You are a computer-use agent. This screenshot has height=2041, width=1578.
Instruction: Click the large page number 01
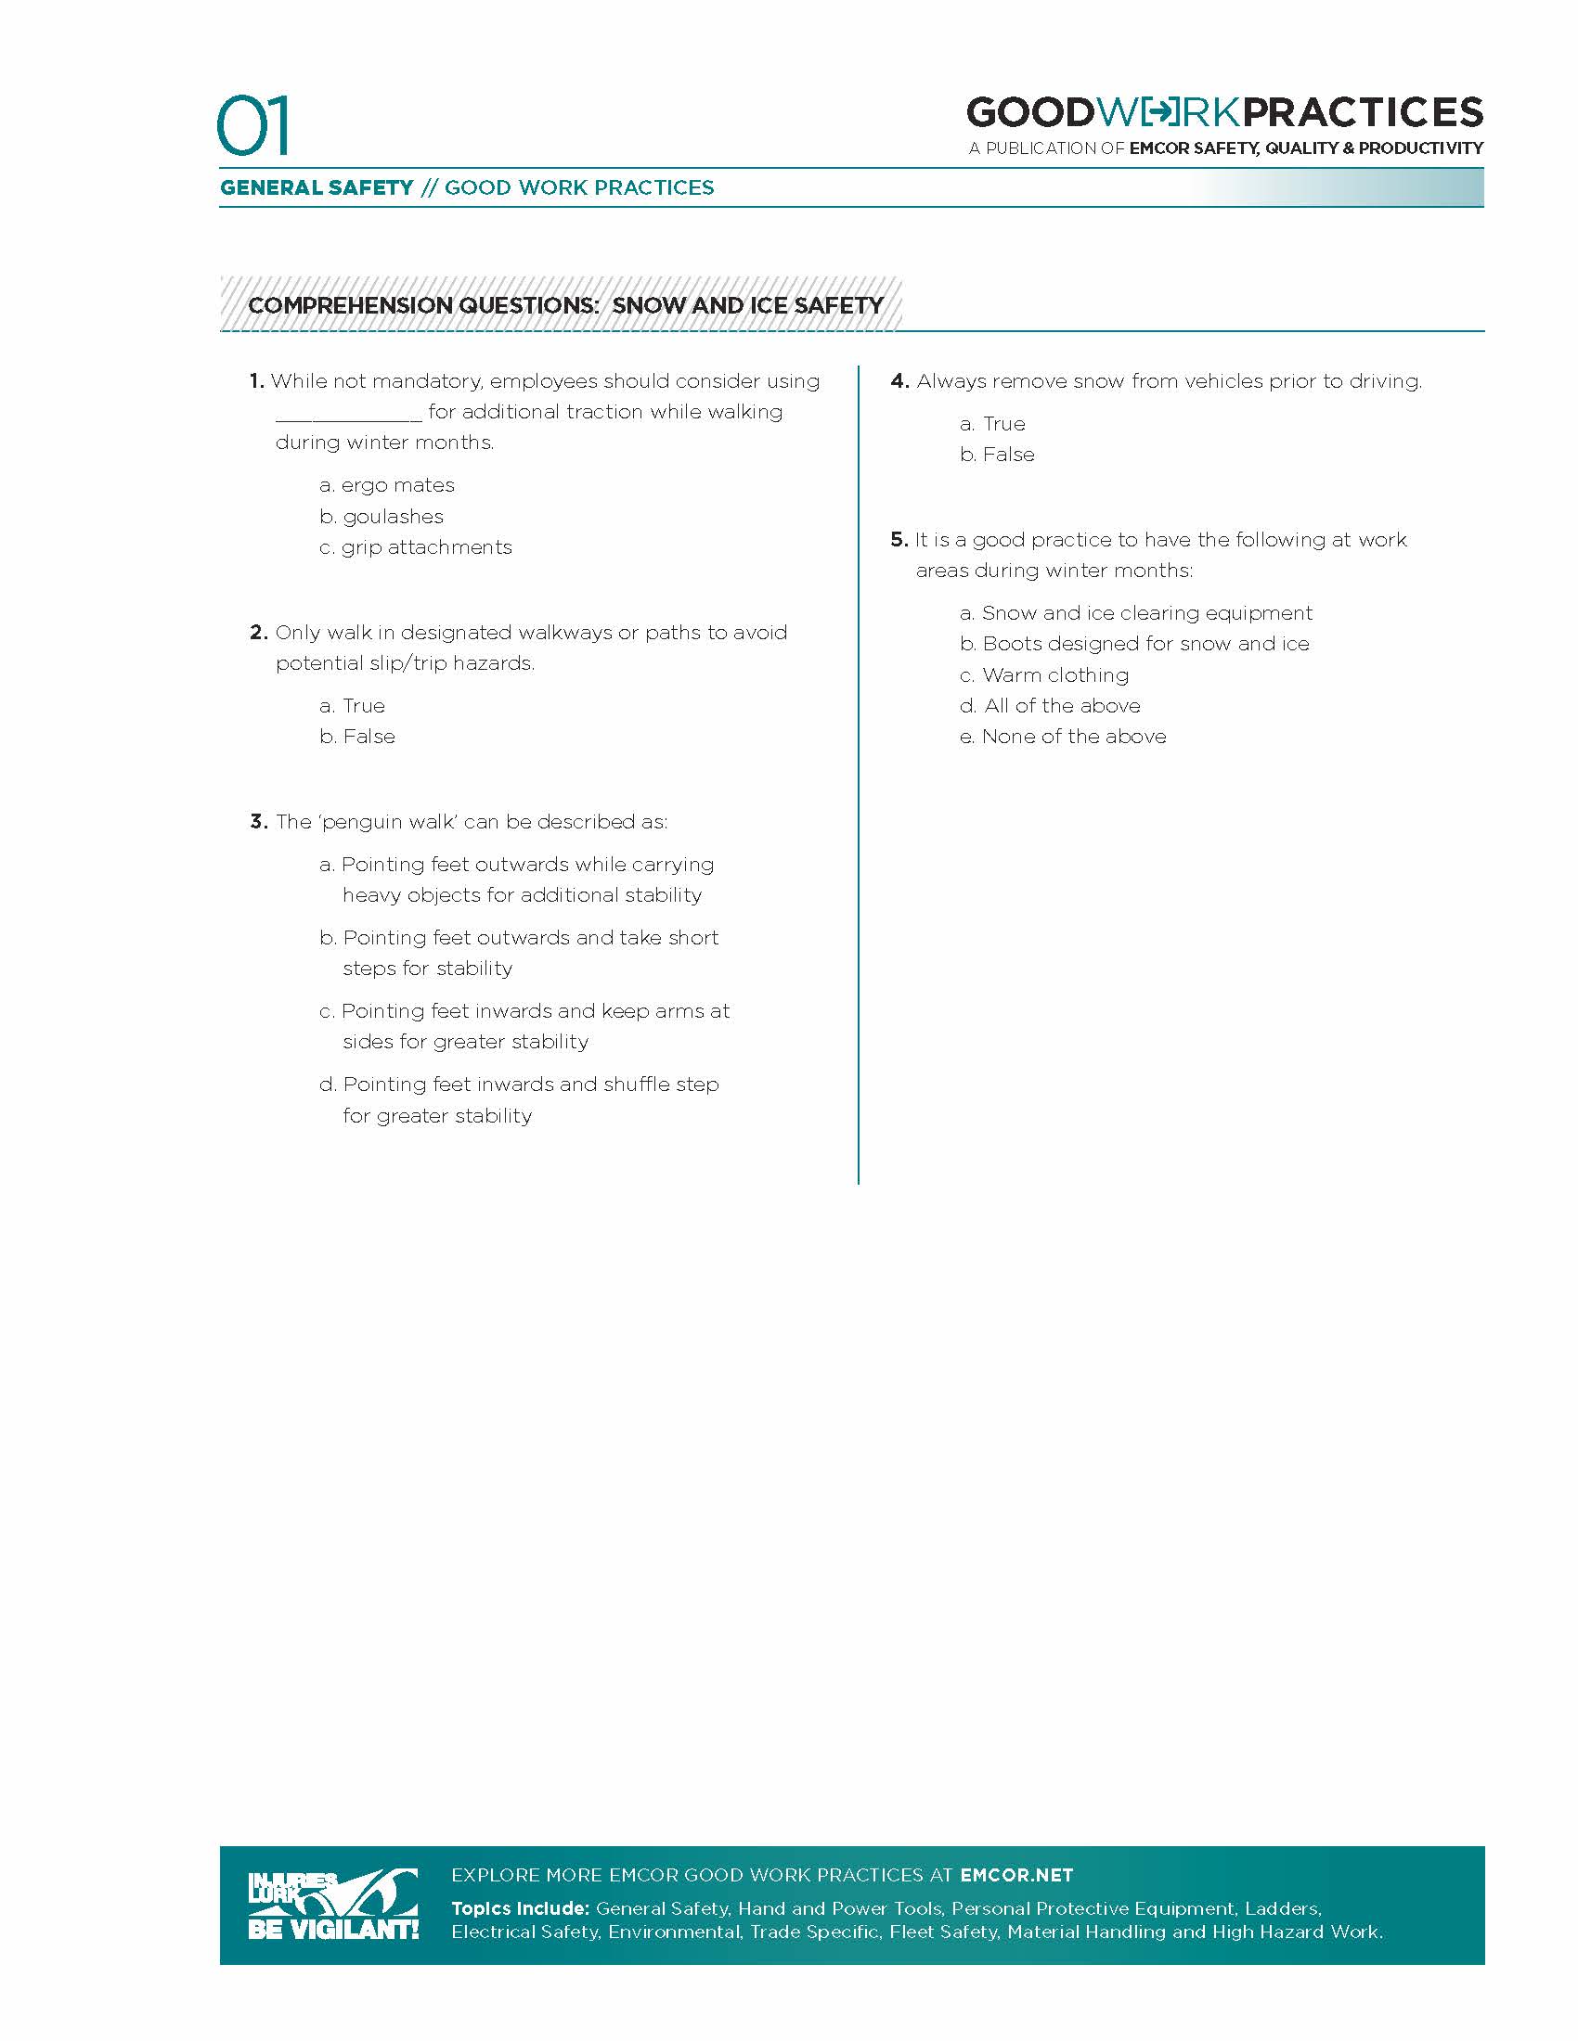252,125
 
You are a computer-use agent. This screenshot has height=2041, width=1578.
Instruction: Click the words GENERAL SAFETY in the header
316,187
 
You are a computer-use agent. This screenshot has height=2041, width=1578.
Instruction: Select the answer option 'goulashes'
392,517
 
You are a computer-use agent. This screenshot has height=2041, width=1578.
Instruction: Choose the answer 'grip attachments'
425,547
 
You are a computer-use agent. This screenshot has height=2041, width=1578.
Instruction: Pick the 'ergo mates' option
397,485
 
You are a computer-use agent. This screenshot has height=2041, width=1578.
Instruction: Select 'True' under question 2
363,706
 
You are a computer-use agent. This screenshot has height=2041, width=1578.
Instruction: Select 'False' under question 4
1008,456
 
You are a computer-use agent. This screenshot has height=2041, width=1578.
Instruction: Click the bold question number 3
258,821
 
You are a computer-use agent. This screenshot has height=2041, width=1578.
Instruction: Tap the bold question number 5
899,539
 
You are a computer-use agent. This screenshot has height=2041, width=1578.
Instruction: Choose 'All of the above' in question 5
1061,706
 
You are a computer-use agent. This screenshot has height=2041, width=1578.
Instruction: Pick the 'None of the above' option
1073,737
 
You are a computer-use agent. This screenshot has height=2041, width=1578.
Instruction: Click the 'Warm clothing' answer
1054,674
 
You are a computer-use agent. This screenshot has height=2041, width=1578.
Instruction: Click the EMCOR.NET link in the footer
1016,1876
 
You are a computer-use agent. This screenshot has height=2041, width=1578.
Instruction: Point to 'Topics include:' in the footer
520,1908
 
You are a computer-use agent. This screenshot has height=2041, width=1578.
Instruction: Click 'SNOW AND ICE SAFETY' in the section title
747,305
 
